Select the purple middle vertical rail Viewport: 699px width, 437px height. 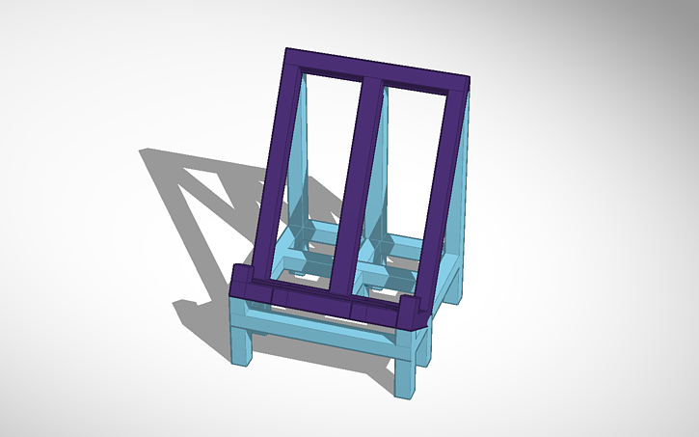(355, 183)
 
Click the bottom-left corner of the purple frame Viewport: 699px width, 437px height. (241, 285)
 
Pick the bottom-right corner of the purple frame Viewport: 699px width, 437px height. (417, 315)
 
